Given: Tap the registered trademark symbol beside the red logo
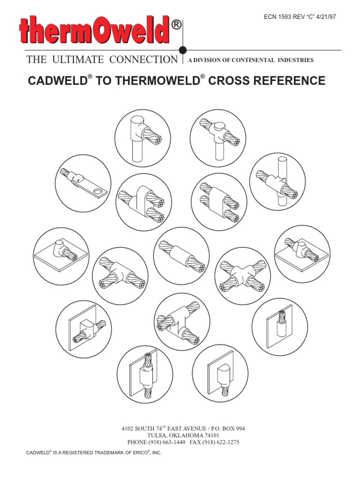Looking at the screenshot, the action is (x=176, y=24).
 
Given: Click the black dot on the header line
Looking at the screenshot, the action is (x=183, y=50).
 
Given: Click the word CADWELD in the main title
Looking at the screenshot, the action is (x=58, y=81).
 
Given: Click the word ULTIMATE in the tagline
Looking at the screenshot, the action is (x=78, y=60).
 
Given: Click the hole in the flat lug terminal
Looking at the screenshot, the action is (x=98, y=192).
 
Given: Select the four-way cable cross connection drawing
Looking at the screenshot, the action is (x=243, y=276).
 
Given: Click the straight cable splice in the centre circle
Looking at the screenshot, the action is (x=181, y=255).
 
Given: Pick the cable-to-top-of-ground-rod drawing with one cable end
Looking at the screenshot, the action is (x=142, y=138).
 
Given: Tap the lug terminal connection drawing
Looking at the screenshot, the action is (x=83, y=183).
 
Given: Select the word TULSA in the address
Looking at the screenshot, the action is (x=156, y=435).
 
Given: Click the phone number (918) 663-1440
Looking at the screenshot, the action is (x=167, y=442).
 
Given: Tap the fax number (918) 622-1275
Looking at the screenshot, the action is (x=221, y=442).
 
